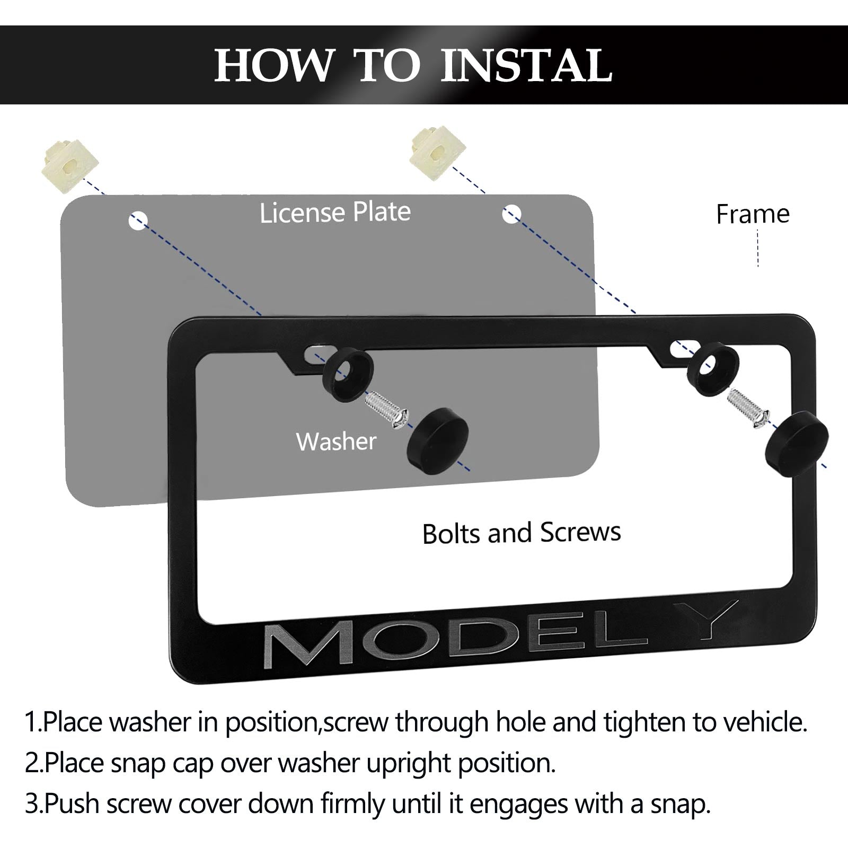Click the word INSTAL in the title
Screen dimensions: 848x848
(x=527, y=66)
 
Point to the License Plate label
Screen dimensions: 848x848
(x=335, y=213)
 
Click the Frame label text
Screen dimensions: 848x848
(x=753, y=214)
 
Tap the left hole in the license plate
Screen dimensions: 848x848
(x=138, y=220)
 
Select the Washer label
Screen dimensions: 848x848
(x=337, y=441)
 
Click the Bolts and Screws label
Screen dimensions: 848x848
(x=522, y=533)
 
